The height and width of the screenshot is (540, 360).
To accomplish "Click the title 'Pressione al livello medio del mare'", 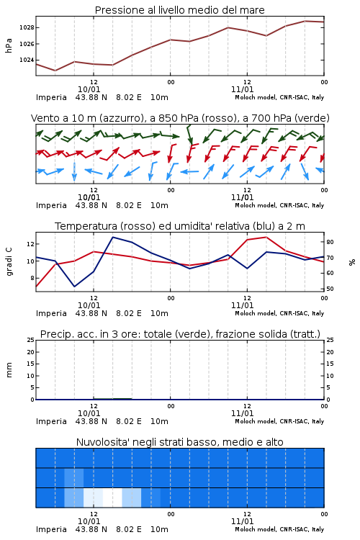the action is [179, 10].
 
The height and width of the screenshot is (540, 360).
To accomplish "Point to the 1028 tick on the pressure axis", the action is [27, 27].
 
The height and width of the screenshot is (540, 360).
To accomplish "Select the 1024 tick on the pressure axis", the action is [27, 60].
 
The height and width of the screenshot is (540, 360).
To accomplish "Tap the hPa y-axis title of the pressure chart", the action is [9, 45].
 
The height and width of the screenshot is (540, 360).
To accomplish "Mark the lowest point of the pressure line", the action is [55, 71].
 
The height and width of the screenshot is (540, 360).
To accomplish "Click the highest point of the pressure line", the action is [305, 21].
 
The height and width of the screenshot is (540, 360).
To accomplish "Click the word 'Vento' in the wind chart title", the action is [42, 118].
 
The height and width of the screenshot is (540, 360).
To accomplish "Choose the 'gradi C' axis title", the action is [9, 262].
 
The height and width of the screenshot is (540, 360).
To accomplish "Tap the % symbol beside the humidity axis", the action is [352, 262].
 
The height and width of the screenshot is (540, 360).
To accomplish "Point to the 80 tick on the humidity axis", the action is [330, 242].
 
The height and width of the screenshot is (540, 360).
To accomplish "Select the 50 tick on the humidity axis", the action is [330, 289].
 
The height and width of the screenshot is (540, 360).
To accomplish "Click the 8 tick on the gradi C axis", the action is [32, 278].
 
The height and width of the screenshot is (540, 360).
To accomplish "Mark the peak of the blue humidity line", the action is [112, 237].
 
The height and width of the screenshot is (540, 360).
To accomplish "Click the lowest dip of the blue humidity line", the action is [74, 286].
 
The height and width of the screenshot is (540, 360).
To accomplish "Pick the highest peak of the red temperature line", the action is [266, 237].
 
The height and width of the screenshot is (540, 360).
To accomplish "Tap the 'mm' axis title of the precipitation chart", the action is [9, 370].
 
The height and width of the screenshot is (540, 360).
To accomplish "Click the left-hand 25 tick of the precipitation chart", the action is [31, 340].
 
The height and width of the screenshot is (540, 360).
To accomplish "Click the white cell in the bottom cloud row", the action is [112, 498].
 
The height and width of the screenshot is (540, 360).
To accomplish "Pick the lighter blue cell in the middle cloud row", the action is [73, 477].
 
